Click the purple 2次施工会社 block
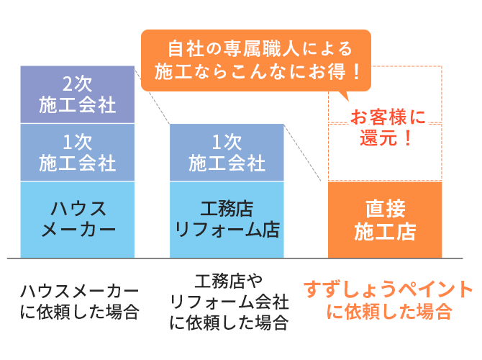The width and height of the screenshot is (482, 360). [78, 94]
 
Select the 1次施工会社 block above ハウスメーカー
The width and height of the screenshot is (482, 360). [78, 153]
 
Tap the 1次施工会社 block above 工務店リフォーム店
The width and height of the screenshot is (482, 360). [227, 153]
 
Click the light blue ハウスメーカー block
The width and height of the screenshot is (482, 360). [78, 220]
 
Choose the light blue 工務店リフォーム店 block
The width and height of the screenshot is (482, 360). [227, 220]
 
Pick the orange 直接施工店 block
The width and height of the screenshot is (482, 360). [385, 220]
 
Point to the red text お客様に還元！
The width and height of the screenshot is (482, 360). [388, 127]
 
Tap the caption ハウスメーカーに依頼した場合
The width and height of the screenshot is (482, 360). [79, 302]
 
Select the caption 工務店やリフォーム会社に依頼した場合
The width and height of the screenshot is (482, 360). [229, 302]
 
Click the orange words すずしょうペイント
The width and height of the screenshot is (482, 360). [388, 289]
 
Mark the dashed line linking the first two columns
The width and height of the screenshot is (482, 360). [153, 95]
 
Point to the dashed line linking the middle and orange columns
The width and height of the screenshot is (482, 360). [302, 153]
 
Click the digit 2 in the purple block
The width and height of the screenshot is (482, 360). [68, 84]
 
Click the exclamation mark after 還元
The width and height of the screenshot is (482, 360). [408, 138]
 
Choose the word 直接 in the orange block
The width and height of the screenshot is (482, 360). [385, 209]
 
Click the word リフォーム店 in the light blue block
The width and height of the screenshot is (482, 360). [227, 230]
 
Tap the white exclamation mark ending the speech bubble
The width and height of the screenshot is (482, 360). [357, 72]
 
